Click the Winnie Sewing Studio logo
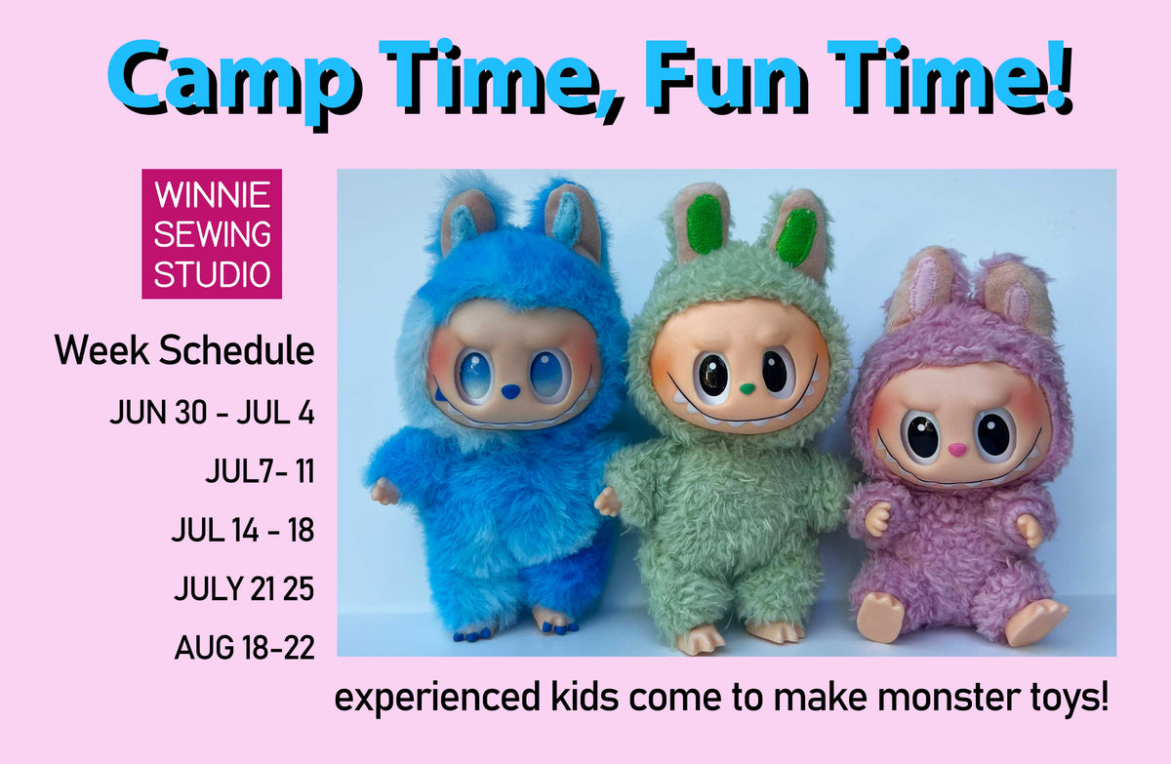[x=212, y=233]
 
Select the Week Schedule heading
[x=184, y=350]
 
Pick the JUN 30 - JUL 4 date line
[x=213, y=413]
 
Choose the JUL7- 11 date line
[x=261, y=471]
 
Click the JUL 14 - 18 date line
[x=243, y=530]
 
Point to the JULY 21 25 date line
[x=244, y=588]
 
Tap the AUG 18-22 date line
[x=245, y=648]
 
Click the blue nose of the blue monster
[x=510, y=390]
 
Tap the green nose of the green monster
[x=747, y=388]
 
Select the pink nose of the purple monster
[x=957, y=449]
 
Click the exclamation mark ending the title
[x=1058, y=77]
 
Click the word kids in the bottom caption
[x=585, y=697]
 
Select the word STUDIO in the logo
[x=212, y=274]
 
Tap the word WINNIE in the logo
[x=212, y=194]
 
